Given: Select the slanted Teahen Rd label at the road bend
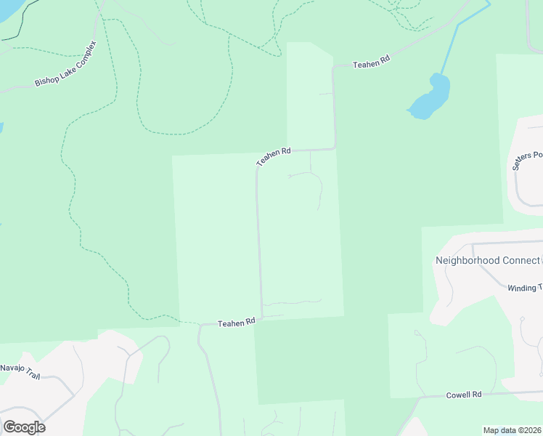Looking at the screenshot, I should [x=273, y=157].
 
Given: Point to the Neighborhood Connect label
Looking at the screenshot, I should [x=487, y=260].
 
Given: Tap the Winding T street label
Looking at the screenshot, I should [x=525, y=288].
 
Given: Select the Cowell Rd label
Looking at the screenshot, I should [x=465, y=395].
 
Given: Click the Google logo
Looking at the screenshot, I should [x=24, y=427].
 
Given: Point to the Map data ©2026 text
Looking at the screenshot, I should [x=513, y=430].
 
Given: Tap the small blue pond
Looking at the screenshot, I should [x=430, y=97].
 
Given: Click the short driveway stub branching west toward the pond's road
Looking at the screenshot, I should [x=327, y=94].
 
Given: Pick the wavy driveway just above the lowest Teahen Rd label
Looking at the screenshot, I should [x=290, y=302].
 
